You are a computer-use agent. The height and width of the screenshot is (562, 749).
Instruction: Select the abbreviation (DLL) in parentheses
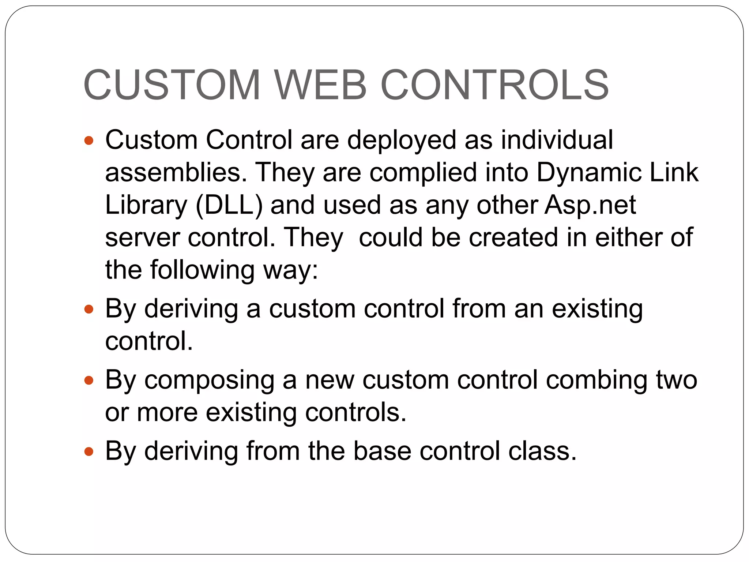[x=229, y=205]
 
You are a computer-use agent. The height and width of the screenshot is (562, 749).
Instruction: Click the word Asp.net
[x=590, y=205]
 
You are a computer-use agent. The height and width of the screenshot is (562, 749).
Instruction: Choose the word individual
[x=557, y=140]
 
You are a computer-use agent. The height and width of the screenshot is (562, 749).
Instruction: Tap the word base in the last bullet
[x=382, y=451]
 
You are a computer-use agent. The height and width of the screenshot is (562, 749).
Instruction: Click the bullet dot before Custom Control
[x=89, y=140]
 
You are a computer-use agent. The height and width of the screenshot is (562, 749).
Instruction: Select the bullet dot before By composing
[x=89, y=381]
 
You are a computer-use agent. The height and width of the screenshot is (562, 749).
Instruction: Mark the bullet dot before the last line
[x=89, y=452]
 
